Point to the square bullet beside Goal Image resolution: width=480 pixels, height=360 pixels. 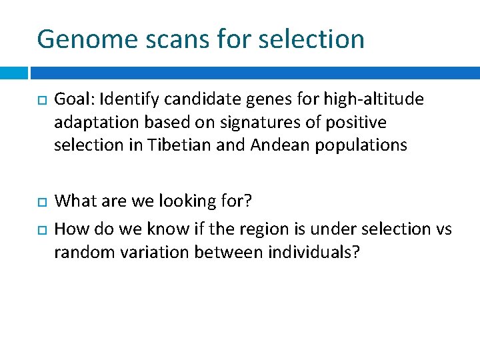click(40, 100)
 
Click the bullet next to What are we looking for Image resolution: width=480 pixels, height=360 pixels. click(40, 201)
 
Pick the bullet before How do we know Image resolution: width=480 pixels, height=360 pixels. click(40, 229)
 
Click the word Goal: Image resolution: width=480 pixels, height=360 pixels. click(74, 100)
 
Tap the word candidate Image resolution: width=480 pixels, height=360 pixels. click(187, 100)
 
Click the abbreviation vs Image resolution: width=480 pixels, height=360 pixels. click(443, 229)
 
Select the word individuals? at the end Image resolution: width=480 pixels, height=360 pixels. click(313, 253)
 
